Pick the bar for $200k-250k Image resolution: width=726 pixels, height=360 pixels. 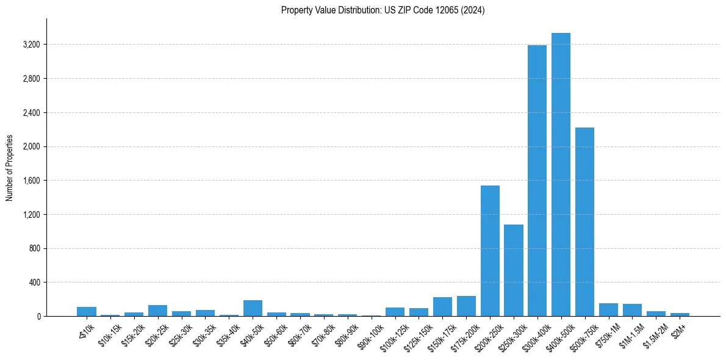pos(490,251)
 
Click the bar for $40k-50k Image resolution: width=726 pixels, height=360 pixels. pos(253,308)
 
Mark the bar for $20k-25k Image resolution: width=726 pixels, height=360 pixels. pos(157,311)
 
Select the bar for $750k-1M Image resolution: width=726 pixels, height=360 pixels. pos(608,310)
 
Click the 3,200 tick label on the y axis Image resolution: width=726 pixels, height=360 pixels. pos(31,45)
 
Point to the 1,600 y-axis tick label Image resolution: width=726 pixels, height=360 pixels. pos(31,181)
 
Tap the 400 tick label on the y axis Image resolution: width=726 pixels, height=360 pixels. pos(34,283)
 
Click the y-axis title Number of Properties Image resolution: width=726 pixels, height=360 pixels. pos(10,168)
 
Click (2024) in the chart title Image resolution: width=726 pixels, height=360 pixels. pos(472,10)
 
